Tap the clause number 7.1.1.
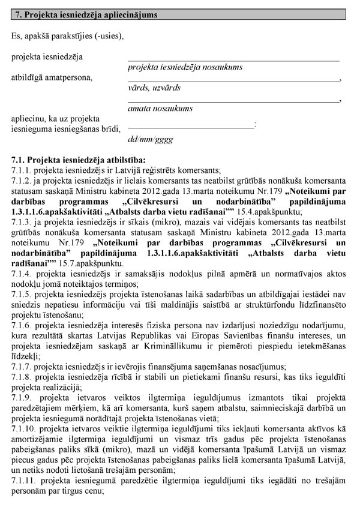pyautogui.click(x=22, y=170)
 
